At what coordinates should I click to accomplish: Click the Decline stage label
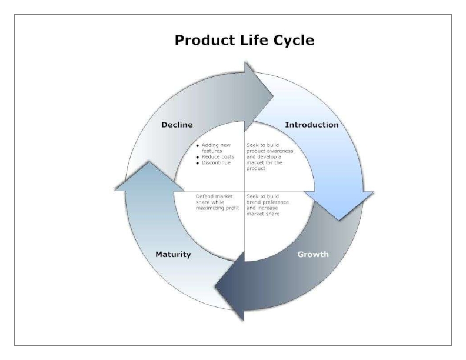click(177, 125)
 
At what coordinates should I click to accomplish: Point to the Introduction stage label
click(311, 125)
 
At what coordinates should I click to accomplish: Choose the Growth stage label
click(312, 255)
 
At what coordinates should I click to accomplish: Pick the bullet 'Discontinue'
click(216, 162)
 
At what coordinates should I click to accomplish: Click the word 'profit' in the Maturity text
click(234, 208)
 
